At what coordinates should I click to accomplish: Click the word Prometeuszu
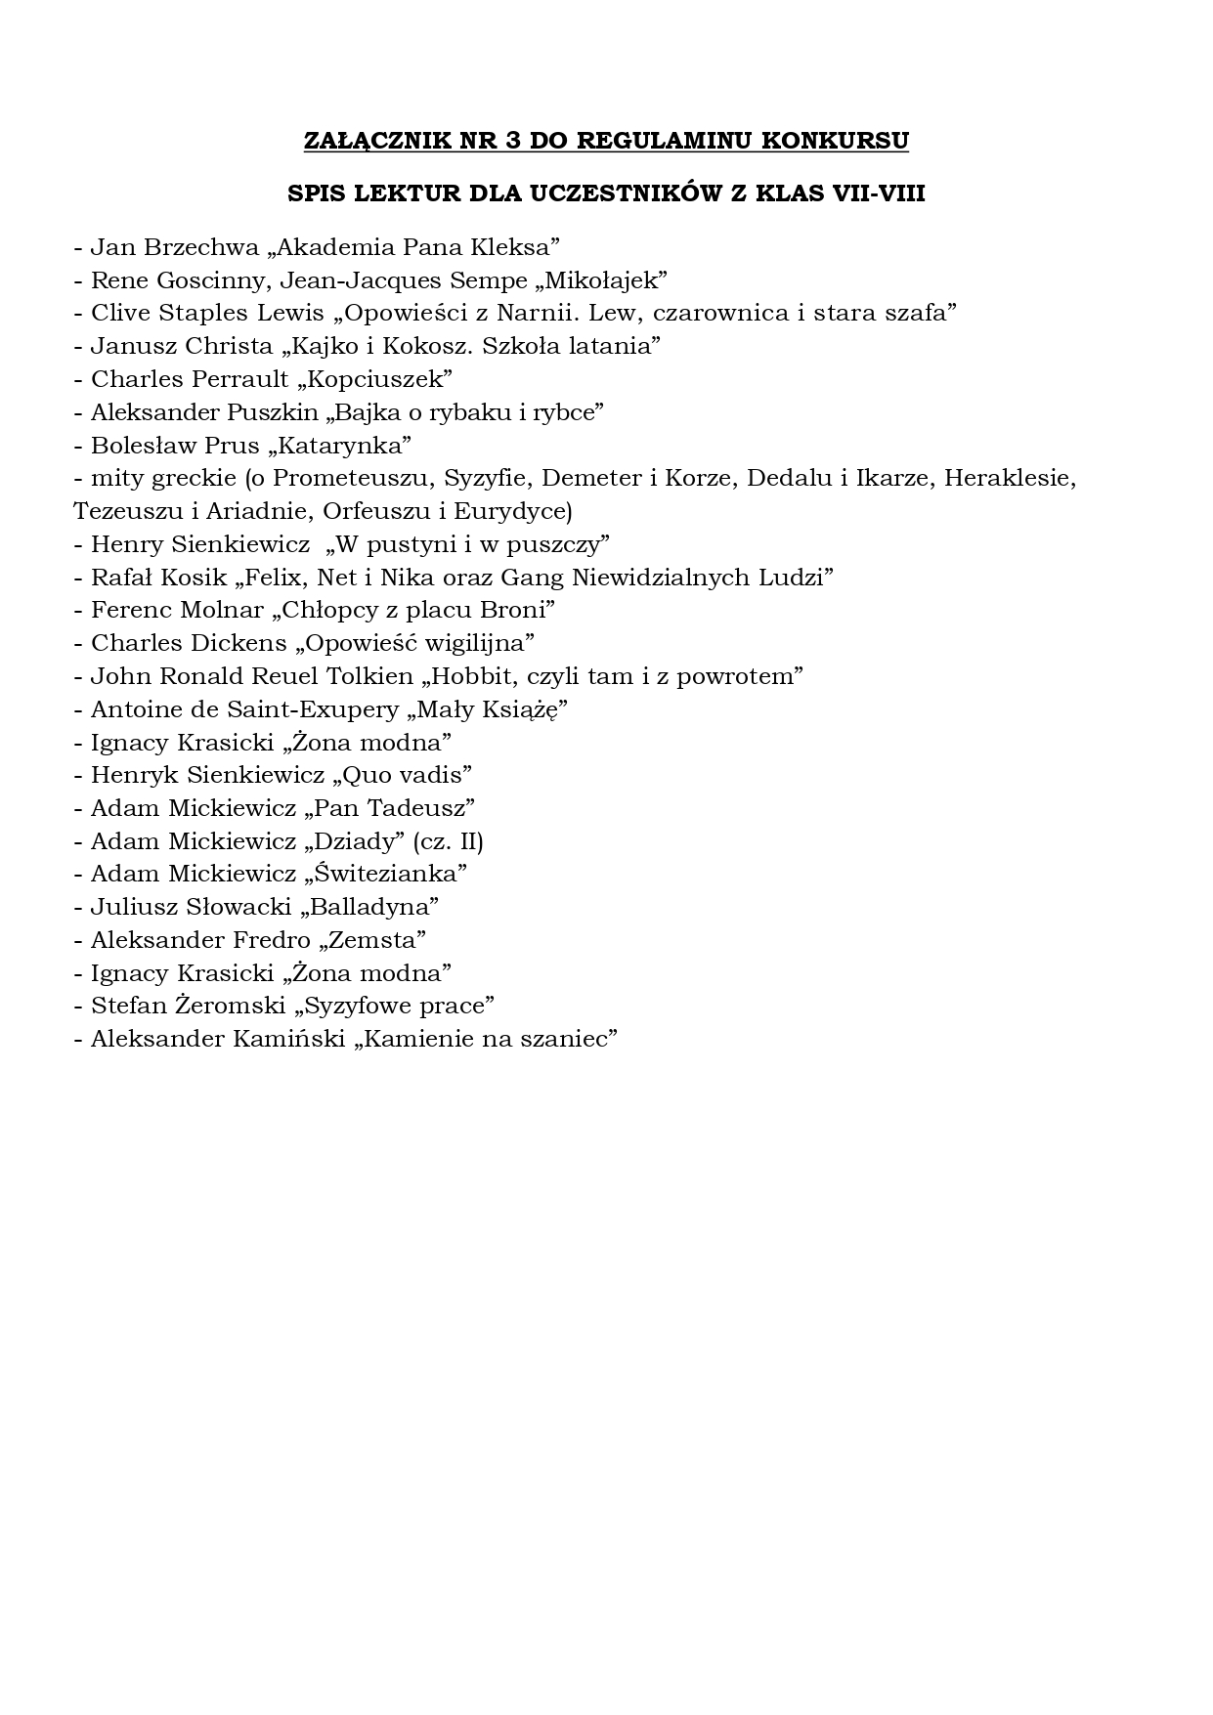(354, 478)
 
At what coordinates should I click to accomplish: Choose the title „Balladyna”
(370, 907)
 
